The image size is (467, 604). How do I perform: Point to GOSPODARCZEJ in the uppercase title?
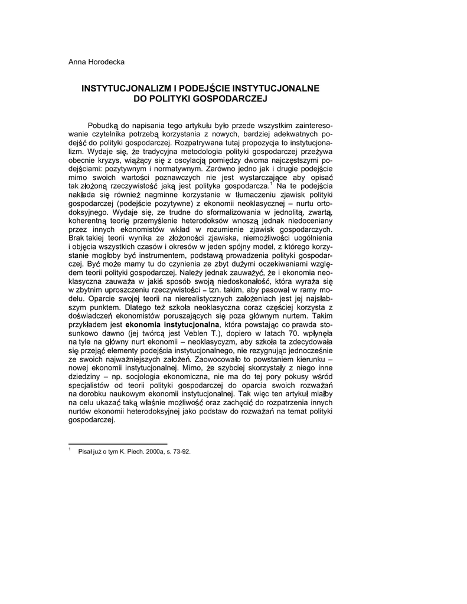pos(232,99)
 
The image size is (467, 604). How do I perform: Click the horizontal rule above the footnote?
pos(118,443)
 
